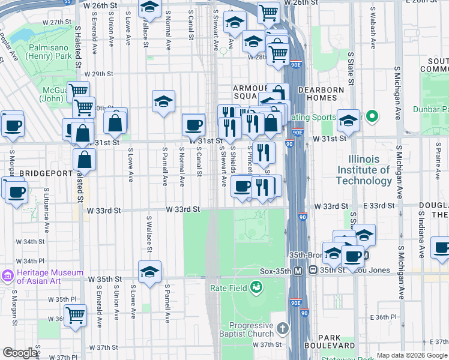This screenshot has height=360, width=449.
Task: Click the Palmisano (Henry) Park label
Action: coord(49,50)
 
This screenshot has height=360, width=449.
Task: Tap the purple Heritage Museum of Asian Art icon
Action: coord(8,276)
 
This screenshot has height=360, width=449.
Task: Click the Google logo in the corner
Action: coord(20,353)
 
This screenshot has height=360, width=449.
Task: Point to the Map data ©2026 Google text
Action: coord(412,355)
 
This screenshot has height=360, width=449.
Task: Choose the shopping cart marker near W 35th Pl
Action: coord(76,314)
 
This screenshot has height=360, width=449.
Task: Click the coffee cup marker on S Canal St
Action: coord(193,124)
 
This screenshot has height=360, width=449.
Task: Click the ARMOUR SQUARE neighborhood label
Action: coord(250,92)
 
